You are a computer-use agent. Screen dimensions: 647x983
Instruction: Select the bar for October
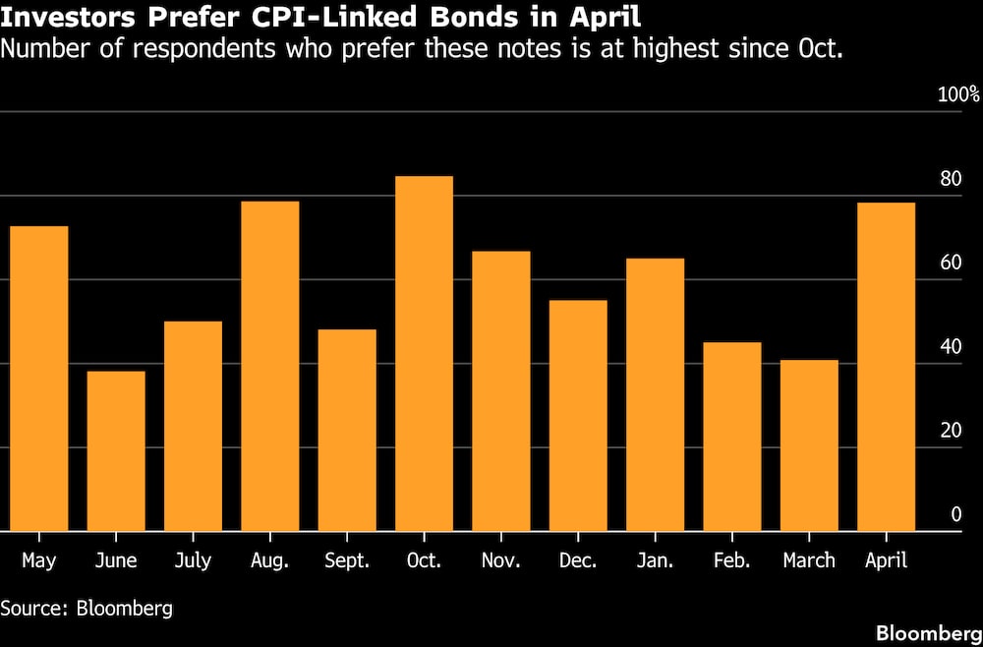click(x=424, y=354)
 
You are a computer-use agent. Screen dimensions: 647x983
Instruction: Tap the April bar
click(x=886, y=367)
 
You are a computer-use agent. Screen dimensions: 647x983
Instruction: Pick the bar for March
click(x=809, y=445)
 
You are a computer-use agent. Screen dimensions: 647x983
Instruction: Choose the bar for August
click(x=269, y=366)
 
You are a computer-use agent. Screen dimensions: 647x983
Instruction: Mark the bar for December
click(x=578, y=415)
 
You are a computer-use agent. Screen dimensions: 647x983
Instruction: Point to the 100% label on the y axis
click(x=958, y=95)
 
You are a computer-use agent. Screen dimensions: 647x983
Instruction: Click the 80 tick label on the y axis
click(x=951, y=179)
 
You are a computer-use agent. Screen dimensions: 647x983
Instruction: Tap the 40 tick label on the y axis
click(x=951, y=346)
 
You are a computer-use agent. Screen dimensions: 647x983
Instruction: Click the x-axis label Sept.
click(x=347, y=560)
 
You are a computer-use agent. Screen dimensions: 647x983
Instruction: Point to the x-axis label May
click(x=38, y=561)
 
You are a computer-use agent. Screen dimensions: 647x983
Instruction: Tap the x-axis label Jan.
click(x=656, y=560)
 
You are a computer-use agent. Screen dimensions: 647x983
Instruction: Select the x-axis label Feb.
click(x=732, y=560)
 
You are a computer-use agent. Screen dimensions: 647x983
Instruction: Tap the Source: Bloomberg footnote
click(x=87, y=608)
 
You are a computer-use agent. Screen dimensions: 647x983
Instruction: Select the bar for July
click(x=193, y=426)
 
